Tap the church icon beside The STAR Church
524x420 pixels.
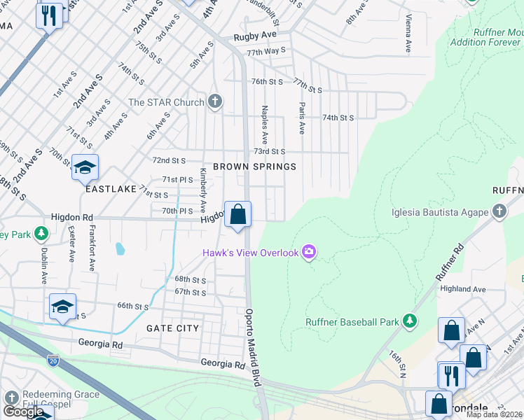[x=215, y=102]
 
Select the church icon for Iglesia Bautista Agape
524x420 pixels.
[x=498, y=211]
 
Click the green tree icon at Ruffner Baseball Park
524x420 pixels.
[x=410, y=322]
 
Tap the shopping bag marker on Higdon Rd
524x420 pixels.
[x=237, y=214]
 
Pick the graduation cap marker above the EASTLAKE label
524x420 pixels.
[x=85, y=167]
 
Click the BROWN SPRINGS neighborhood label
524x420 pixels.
[x=254, y=167]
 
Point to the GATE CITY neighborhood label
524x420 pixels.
[x=173, y=328]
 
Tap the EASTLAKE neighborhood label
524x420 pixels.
[x=111, y=189]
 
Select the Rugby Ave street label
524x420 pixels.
[x=255, y=35]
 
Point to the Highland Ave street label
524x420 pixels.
[x=462, y=288]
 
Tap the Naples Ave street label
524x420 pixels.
[x=265, y=120]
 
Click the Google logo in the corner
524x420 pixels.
[x=24, y=412]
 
